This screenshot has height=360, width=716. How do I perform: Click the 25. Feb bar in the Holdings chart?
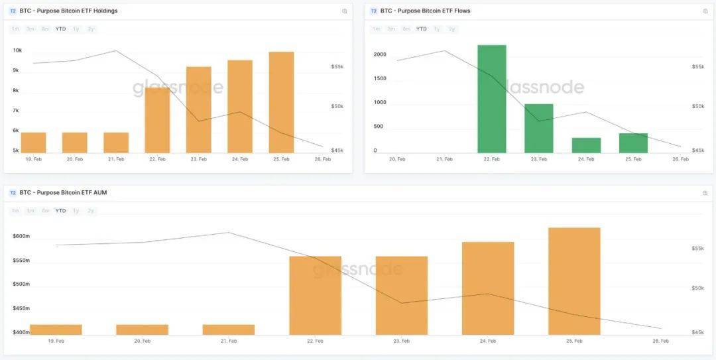click(x=281, y=102)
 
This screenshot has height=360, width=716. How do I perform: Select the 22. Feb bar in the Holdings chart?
click(x=157, y=120)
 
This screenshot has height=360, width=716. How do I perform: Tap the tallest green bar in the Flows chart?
click(x=492, y=99)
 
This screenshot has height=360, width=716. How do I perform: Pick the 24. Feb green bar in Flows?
click(x=586, y=145)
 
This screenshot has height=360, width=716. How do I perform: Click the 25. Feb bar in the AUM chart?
click(x=574, y=281)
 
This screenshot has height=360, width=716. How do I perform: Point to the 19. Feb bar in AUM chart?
click(x=56, y=330)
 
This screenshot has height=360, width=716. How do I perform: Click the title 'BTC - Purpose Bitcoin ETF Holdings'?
click(x=68, y=11)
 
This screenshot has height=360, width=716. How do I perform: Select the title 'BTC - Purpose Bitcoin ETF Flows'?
click(x=425, y=11)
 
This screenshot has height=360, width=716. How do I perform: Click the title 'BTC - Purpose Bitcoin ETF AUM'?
click(x=63, y=193)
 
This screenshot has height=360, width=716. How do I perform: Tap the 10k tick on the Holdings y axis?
click(x=17, y=50)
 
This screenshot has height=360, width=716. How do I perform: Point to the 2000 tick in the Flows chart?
click(x=379, y=54)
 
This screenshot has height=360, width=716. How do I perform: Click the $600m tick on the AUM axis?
click(x=21, y=236)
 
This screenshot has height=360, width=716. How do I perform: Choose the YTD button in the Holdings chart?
click(x=60, y=29)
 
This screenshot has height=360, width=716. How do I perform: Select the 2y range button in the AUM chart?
click(x=91, y=211)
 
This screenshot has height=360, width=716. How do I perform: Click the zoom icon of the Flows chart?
click(x=705, y=11)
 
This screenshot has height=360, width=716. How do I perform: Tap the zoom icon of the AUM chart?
click(x=705, y=193)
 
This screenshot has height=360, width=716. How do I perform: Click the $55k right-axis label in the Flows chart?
click(x=697, y=67)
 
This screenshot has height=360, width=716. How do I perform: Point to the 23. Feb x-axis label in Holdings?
click(x=198, y=159)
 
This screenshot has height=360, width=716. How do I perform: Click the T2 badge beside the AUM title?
click(x=13, y=193)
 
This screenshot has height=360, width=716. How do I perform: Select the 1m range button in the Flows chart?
click(x=376, y=29)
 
